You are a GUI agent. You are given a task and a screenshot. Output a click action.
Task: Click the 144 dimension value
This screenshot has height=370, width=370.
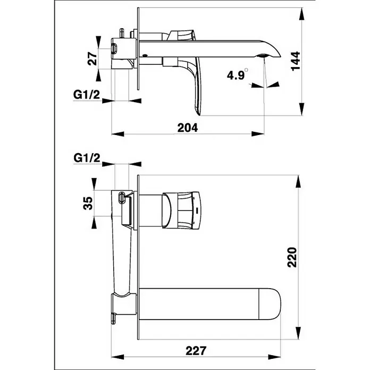click(296, 61)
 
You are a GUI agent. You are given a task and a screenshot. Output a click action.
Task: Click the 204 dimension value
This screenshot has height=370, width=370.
click(188, 128)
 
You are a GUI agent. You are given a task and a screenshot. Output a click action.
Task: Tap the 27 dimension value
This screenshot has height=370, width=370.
click(93, 59)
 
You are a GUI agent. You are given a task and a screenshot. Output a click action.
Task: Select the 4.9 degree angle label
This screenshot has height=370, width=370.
click(236, 75)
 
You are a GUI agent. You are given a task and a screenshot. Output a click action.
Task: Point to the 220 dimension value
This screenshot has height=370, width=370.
click(292, 257)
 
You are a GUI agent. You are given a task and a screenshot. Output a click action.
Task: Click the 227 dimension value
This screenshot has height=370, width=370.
click(196, 351)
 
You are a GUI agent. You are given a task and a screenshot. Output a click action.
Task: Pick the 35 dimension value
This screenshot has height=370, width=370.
click(88, 203)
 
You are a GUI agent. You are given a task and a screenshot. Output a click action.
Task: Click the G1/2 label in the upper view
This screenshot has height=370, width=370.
click(86, 95)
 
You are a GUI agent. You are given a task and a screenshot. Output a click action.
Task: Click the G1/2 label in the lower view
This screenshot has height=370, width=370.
click(87, 158)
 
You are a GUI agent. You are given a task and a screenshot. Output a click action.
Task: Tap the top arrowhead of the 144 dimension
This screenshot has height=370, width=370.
click(301, 14)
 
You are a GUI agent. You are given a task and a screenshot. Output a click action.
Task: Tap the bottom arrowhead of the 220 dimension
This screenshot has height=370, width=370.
click(298, 333)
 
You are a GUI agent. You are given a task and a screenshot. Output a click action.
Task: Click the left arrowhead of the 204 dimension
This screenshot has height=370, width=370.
click(117, 134)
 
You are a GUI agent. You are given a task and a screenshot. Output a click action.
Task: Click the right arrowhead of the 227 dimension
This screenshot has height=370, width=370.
click(274, 357)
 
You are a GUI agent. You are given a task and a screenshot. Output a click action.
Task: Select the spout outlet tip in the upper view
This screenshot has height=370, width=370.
click(263, 56)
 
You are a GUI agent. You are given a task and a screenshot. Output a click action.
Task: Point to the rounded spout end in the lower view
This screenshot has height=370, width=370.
click(271, 304)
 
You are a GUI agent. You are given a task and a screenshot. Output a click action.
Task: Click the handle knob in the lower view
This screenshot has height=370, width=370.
click(181, 210)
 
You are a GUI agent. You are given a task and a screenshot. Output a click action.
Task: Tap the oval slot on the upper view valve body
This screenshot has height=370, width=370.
click(114, 48)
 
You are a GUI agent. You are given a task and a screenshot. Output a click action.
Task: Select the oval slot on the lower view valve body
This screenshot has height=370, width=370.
click(121, 198)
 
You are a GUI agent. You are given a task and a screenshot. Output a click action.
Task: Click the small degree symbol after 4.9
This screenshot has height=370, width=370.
click(246, 70)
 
